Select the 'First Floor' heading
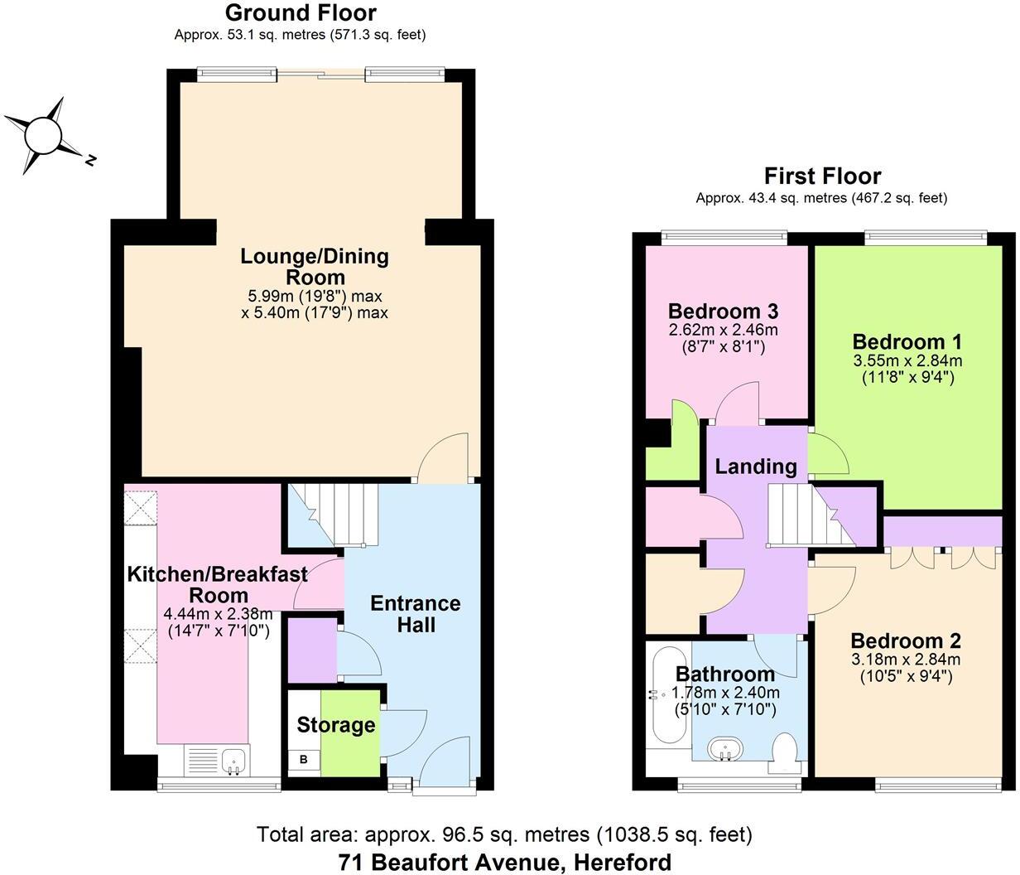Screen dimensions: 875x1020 click(821, 176)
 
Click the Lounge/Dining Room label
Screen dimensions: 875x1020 click(314, 266)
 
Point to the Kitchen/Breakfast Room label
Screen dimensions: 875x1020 click(217, 584)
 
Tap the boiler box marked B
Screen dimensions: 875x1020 click(303, 759)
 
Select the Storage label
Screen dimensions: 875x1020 click(335, 726)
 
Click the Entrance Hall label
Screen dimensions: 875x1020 click(415, 613)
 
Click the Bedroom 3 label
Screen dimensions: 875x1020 click(723, 312)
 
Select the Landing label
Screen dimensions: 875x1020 click(755, 467)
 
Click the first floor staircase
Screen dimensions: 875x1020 click(807, 515)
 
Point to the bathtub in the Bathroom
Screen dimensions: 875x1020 click(665, 694)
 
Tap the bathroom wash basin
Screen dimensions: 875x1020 click(726, 750)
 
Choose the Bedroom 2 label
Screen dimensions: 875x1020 click(905, 641)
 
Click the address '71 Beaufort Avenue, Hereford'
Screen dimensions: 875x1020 click(505, 862)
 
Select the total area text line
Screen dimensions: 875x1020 click(504, 834)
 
